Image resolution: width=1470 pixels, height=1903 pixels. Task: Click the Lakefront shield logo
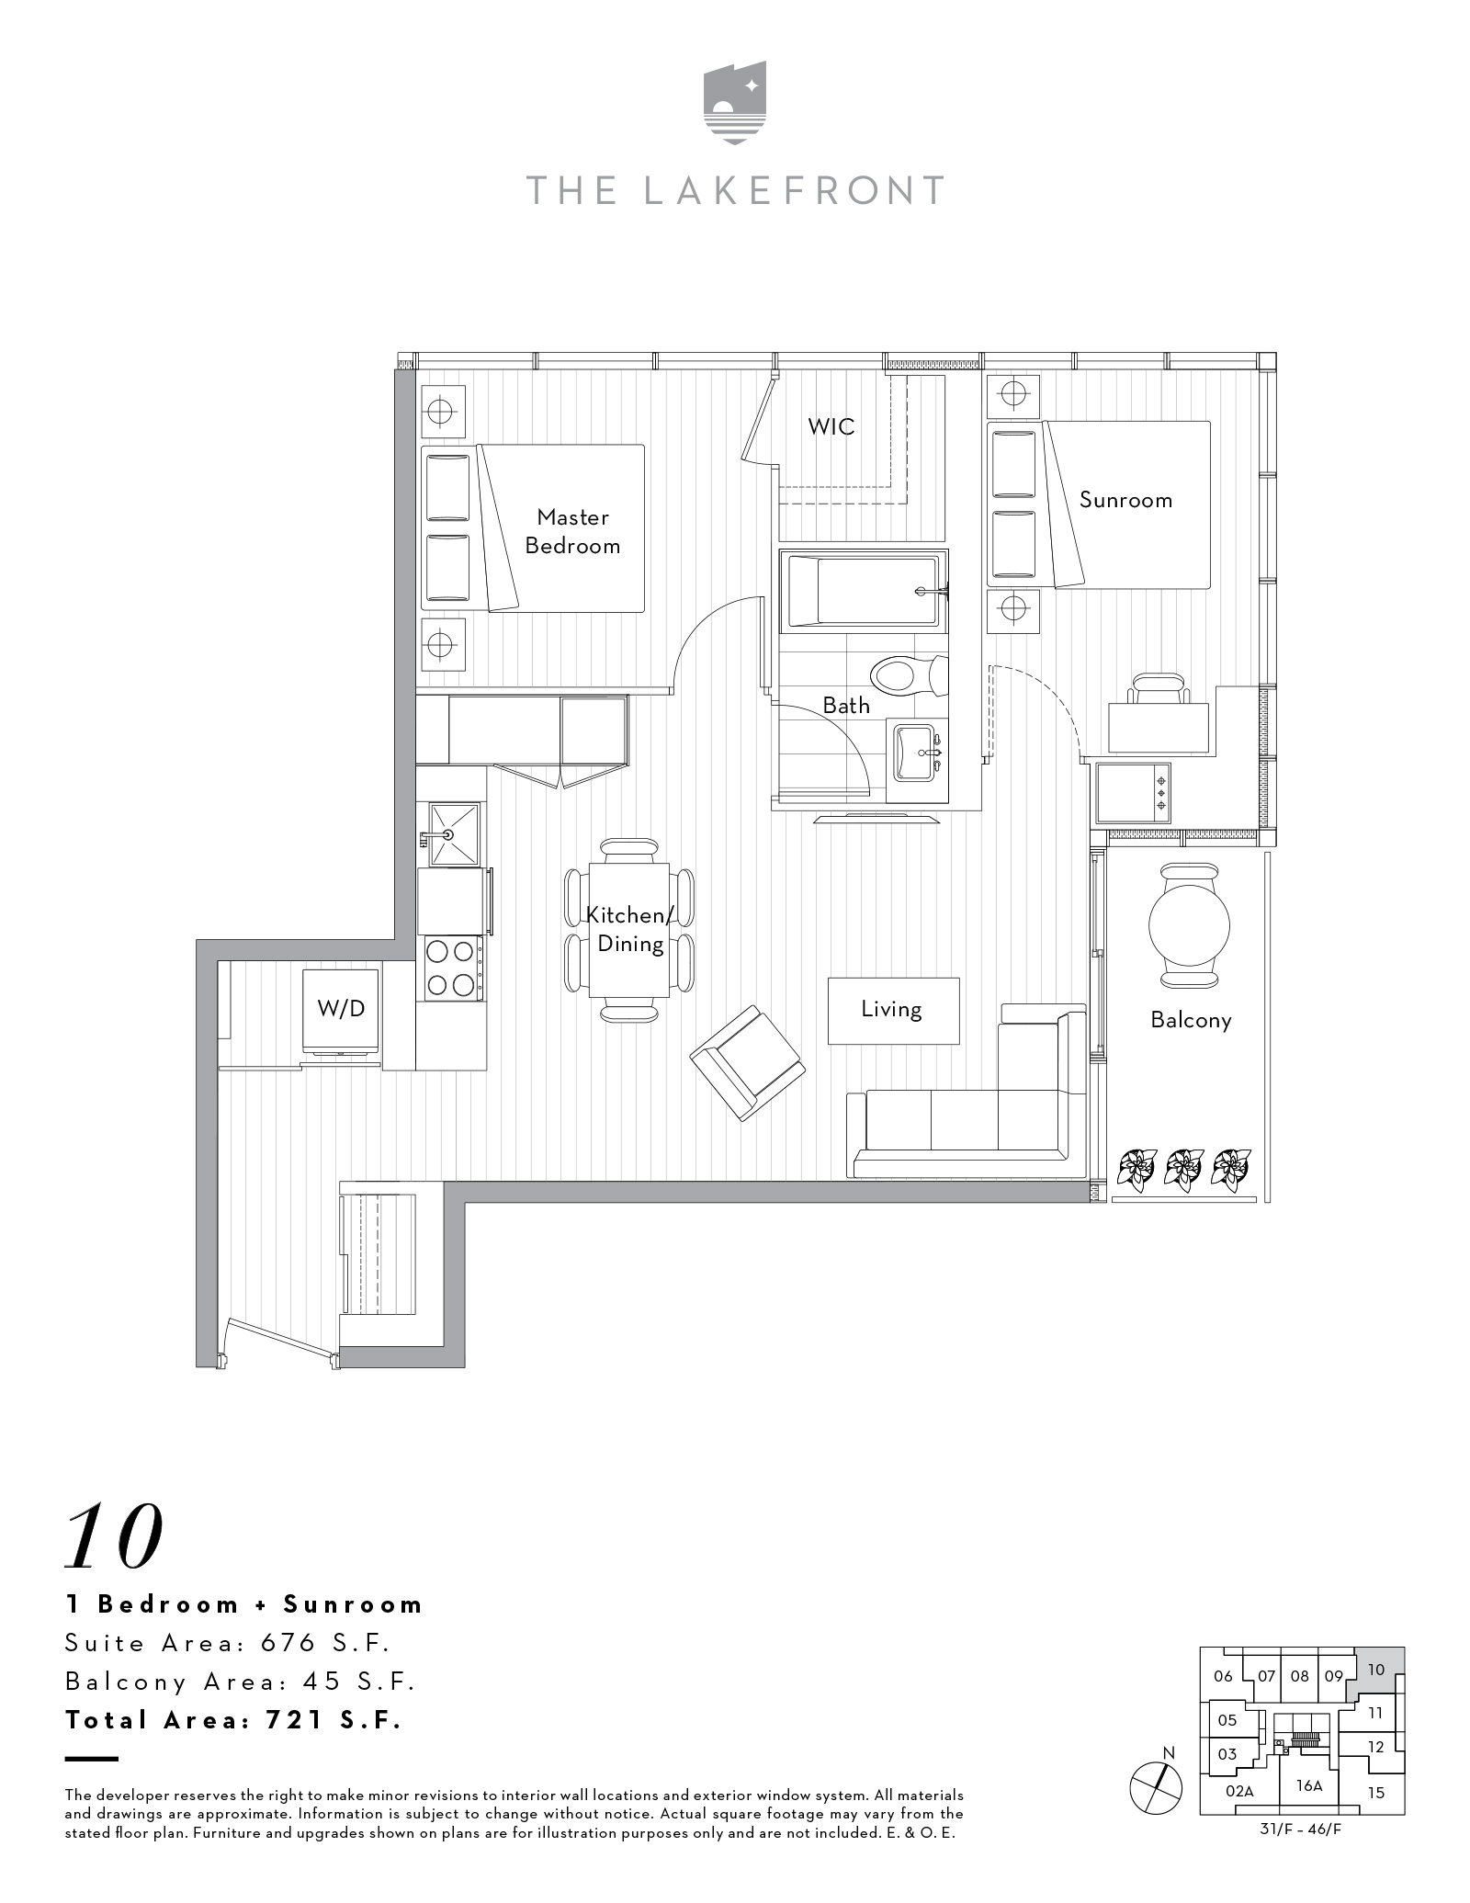click(x=735, y=103)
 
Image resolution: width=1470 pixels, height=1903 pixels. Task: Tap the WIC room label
click(x=831, y=426)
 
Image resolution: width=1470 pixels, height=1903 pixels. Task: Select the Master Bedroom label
click(x=572, y=531)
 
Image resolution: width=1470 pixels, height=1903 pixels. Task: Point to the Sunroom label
click(x=1125, y=500)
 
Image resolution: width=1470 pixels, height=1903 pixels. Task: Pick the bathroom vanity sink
click(x=915, y=752)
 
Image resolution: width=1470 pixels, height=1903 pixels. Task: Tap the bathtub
click(x=864, y=592)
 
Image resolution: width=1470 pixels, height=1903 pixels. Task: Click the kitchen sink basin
click(x=455, y=834)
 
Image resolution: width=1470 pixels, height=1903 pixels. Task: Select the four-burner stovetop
click(x=450, y=968)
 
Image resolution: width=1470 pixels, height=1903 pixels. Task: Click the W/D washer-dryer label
click(x=341, y=1008)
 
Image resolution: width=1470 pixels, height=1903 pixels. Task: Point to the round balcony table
click(x=1189, y=926)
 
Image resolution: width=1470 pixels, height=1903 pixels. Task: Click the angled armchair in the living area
click(x=748, y=1061)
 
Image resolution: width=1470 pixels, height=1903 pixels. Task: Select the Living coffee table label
click(x=891, y=1009)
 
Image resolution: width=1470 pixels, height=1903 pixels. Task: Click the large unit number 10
click(x=114, y=1535)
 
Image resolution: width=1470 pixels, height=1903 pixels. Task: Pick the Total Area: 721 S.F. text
click(x=234, y=1720)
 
